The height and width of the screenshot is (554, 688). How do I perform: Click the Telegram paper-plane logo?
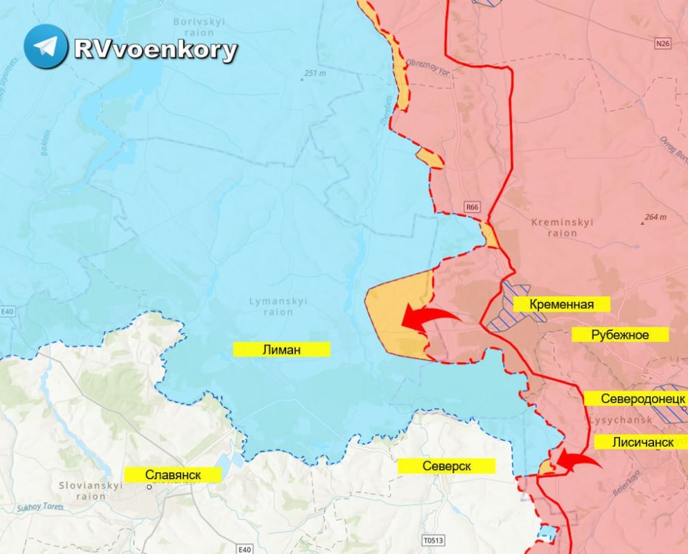point(46,46)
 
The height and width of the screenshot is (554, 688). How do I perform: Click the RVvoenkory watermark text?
point(156,50)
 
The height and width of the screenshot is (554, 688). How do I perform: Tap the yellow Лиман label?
point(281,350)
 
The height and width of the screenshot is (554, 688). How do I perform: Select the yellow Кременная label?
point(561,304)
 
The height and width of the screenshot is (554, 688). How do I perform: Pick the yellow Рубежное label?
point(620,335)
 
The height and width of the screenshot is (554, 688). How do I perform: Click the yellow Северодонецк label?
point(634,399)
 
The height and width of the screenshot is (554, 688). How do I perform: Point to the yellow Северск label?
point(446,466)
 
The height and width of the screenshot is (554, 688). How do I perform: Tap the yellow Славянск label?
point(173,475)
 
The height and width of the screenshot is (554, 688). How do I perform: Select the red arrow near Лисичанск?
point(578,460)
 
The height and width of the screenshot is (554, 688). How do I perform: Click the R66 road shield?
point(472,206)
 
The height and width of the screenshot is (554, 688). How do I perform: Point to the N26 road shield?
point(663,44)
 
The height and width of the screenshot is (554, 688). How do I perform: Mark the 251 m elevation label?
point(314,73)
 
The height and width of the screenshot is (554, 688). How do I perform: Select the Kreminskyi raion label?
point(562,228)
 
